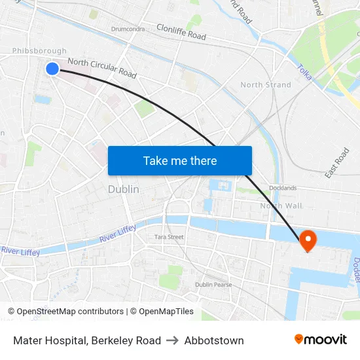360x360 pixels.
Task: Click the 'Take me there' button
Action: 180,160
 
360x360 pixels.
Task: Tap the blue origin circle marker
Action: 52,68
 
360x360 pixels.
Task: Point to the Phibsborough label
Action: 39,51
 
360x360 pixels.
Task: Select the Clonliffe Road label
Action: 181,32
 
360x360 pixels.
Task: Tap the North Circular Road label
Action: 102,68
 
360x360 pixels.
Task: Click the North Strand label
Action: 265,85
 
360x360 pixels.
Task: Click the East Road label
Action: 337,163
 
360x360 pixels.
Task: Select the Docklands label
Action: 282,188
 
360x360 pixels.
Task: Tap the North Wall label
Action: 281,206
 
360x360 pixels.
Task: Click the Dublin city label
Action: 123,189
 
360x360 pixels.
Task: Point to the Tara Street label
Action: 169,237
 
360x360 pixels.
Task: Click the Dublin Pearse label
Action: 213,285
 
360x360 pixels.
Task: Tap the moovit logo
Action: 321,339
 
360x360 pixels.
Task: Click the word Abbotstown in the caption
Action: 214,340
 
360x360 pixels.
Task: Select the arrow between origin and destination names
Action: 173,340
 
